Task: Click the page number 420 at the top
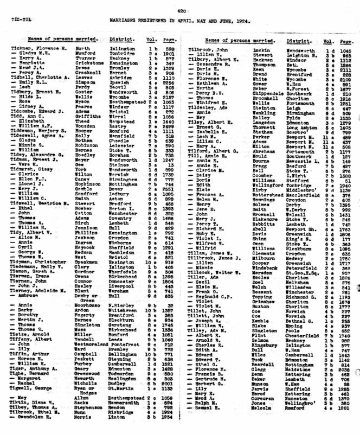click(x=181, y=11)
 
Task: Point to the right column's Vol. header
click(x=327, y=41)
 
